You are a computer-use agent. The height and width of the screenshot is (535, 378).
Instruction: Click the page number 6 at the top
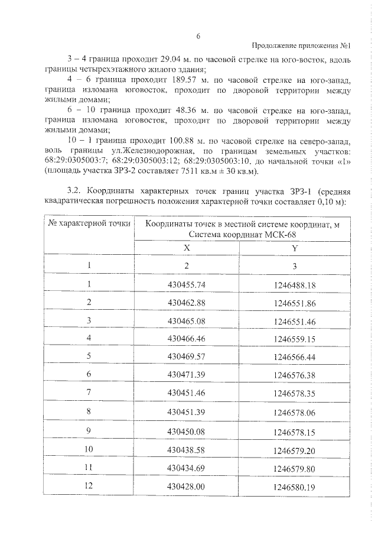pyautogui.click(x=199, y=37)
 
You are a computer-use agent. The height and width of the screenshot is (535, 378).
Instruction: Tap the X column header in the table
pyautogui.click(x=187, y=249)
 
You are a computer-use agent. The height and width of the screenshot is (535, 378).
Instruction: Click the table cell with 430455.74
pyautogui.click(x=187, y=284)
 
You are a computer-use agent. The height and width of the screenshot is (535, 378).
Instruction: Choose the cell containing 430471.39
pyautogui.click(x=187, y=374)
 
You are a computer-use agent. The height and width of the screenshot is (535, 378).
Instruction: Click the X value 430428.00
pyautogui.click(x=187, y=486)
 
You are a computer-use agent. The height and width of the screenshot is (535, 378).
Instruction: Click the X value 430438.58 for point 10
pyautogui.click(x=187, y=450)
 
